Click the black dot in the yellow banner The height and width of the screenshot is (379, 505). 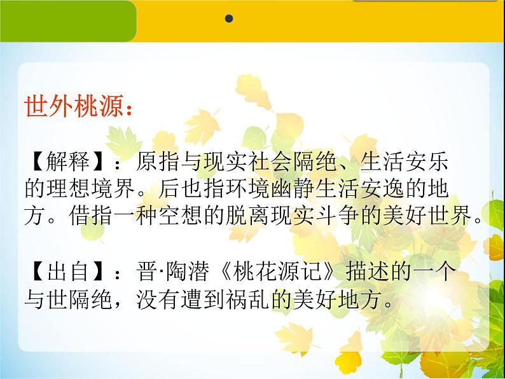tap(229, 19)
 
